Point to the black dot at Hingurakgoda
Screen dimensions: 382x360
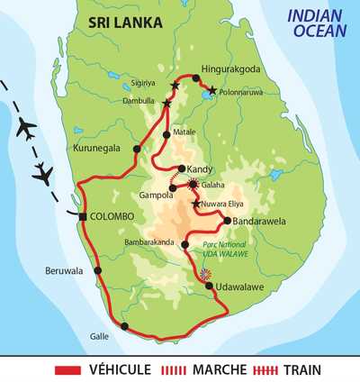[196, 77]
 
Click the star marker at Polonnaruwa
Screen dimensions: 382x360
[212, 91]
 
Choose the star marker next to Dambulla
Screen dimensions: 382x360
[167, 104]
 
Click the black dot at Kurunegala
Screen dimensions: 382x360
[137, 149]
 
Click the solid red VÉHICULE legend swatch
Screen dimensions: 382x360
[67, 369]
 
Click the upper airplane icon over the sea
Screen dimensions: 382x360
[25, 129]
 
